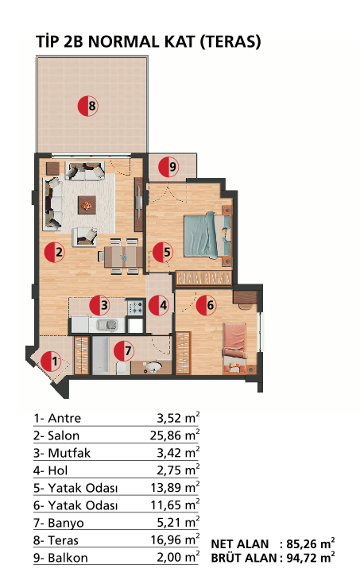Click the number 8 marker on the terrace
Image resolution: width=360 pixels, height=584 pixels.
[x=88, y=106]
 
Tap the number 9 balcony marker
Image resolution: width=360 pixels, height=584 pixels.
[x=168, y=167]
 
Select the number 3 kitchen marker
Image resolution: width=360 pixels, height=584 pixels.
[x=99, y=305]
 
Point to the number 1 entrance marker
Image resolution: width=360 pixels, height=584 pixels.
[x=51, y=362]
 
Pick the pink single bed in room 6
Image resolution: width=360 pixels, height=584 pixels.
[x=234, y=348]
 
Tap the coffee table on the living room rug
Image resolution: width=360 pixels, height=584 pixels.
[x=87, y=205]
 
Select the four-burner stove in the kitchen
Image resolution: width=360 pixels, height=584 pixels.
[x=135, y=307]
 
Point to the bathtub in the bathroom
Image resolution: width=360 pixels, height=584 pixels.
[x=100, y=355]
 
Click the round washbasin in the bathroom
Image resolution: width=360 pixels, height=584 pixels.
[x=153, y=367]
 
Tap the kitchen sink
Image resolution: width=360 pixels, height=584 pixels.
[x=107, y=325]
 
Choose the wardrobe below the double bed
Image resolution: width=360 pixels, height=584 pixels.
[x=204, y=278]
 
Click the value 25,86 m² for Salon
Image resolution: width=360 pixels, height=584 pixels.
[x=175, y=435]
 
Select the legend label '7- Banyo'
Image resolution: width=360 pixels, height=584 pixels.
[x=59, y=523]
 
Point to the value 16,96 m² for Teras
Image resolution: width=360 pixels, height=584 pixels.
[x=175, y=540]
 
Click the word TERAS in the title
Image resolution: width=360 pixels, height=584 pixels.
[x=230, y=41]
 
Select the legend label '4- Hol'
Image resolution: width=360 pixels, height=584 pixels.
[x=50, y=470]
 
